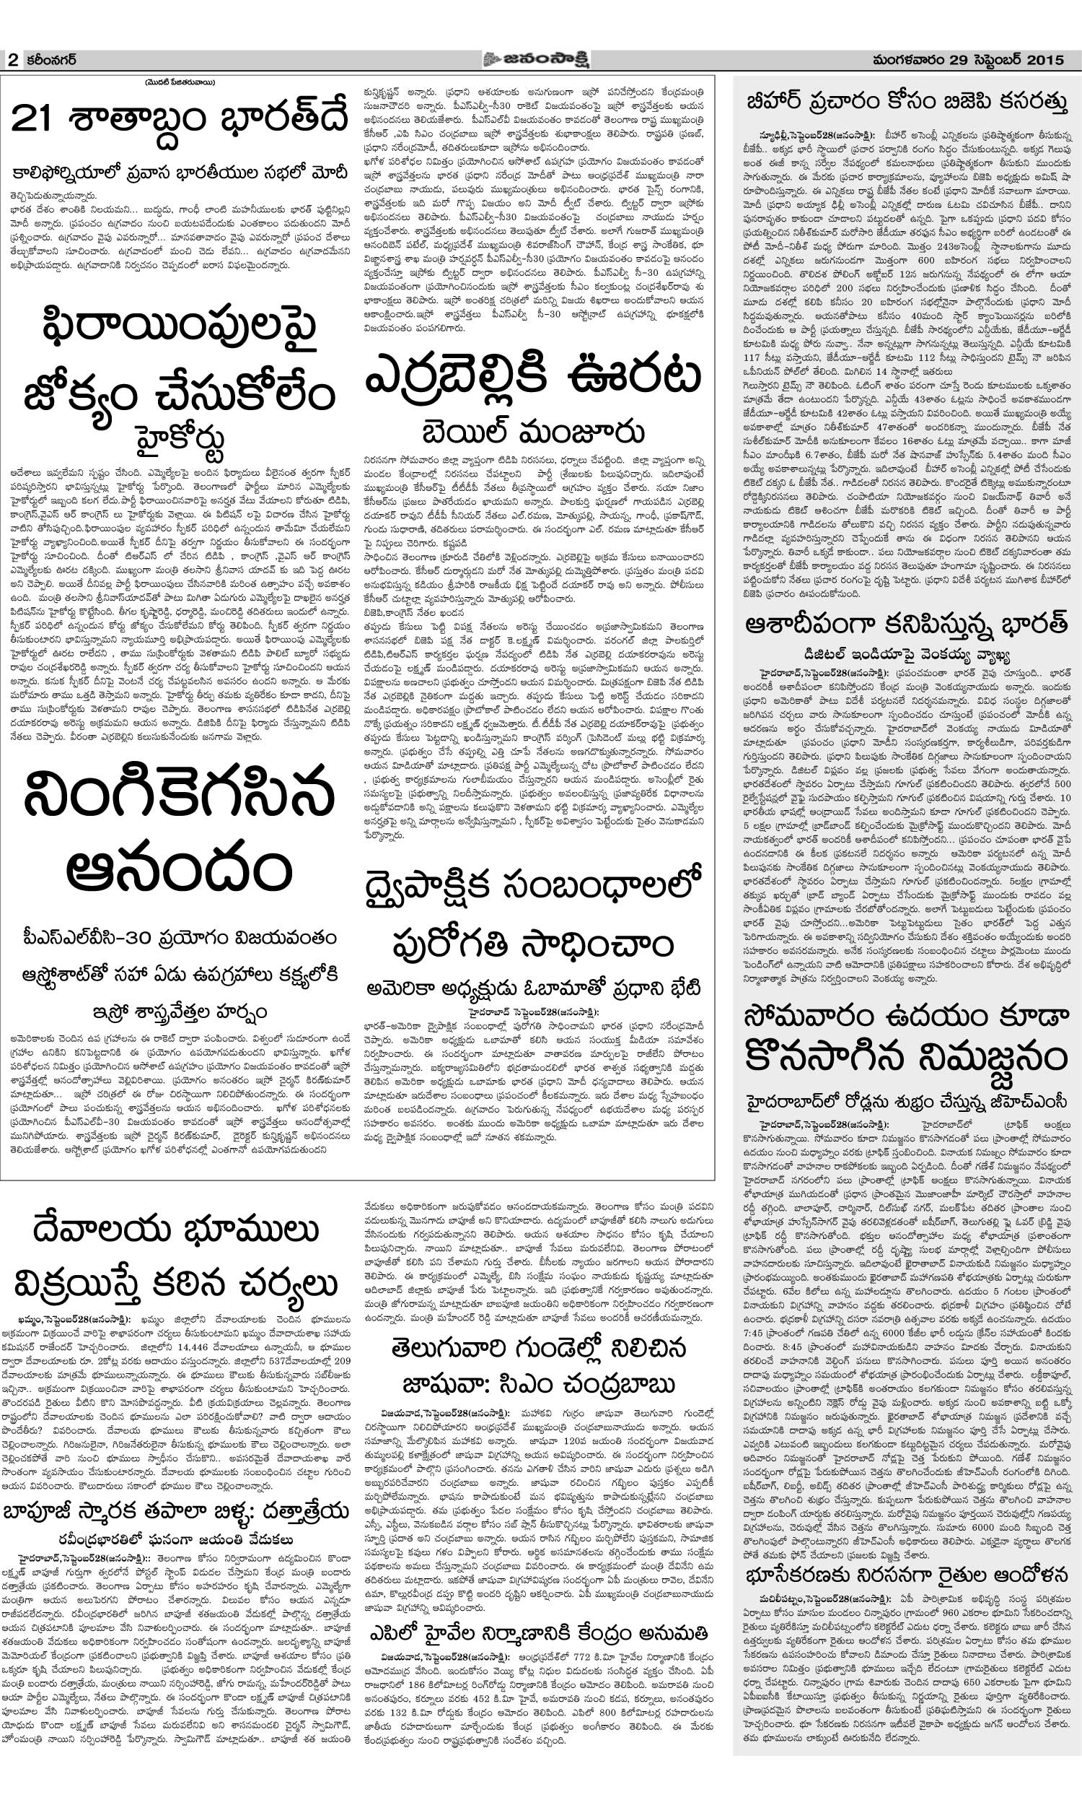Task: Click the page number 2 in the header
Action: [x=12, y=61]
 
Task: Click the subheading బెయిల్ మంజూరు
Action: [x=533, y=430]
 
